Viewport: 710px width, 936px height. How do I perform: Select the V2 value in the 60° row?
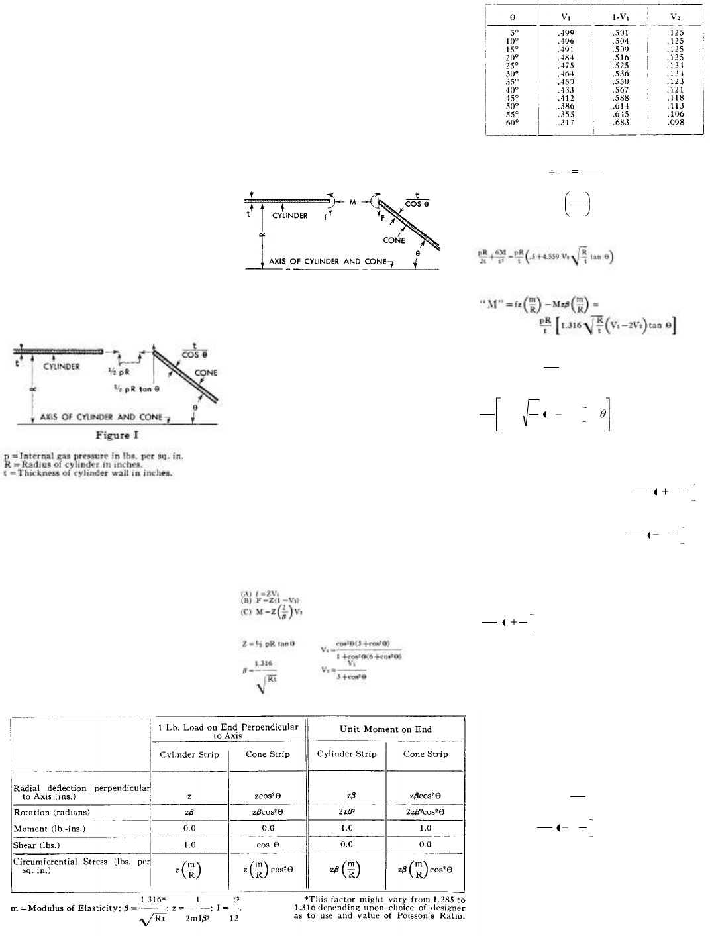point(676,122)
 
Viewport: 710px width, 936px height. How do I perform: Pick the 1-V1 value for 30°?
point(620,74)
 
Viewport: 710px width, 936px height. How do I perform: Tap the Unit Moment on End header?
point(385,729)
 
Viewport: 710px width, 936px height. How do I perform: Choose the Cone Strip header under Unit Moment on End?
point(425,754)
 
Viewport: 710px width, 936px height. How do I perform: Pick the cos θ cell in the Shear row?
point(268,845)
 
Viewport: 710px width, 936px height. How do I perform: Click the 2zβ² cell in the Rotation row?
point(346,812)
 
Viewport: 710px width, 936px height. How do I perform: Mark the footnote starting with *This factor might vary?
point(380,908)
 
